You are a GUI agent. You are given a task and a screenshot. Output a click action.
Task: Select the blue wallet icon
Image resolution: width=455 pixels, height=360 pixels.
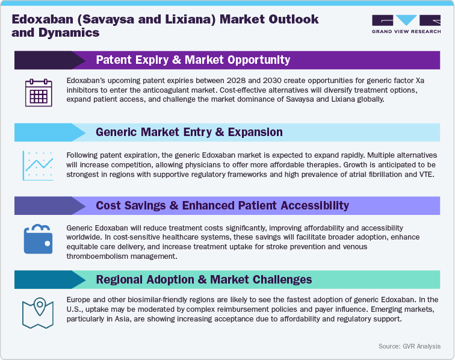(x=38, y=239)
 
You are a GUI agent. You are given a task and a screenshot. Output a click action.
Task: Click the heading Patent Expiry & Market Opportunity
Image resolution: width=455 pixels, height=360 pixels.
(x=193, y=60)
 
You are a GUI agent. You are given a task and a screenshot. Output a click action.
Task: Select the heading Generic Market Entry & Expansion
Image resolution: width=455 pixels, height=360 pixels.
(x=189, y=132)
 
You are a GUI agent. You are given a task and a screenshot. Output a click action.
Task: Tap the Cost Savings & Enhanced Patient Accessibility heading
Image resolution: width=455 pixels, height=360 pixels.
(x=222, y=205)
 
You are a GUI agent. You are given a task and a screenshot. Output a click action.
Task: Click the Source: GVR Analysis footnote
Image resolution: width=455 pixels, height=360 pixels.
(x=409, y=346)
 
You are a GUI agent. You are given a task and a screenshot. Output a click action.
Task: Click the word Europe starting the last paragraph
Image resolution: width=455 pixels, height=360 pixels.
(x=81, y=299)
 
